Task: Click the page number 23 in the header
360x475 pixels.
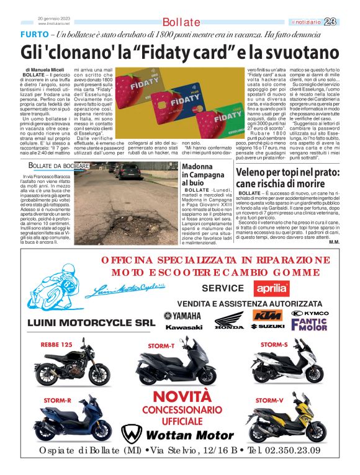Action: pyautogui.click(x=347, y=22)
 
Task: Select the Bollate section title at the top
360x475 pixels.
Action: pyautogui.click(x=181, y=22)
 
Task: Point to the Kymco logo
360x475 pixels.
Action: pyautogui.click(x=310, y=313)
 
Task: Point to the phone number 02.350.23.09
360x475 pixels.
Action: pyautogui.click(x=284, y=451)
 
